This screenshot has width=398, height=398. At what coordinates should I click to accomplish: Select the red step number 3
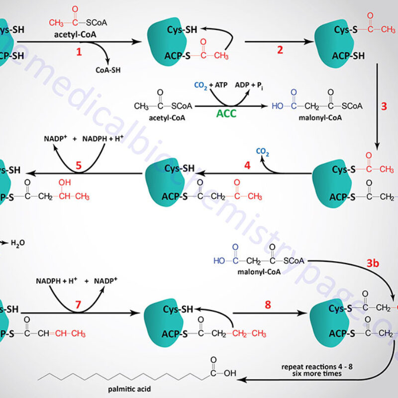[x=384, y=106]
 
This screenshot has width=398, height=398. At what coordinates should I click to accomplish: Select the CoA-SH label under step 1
[x=108, y=70]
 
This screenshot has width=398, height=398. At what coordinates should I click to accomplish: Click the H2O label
[x=17, y=243]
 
